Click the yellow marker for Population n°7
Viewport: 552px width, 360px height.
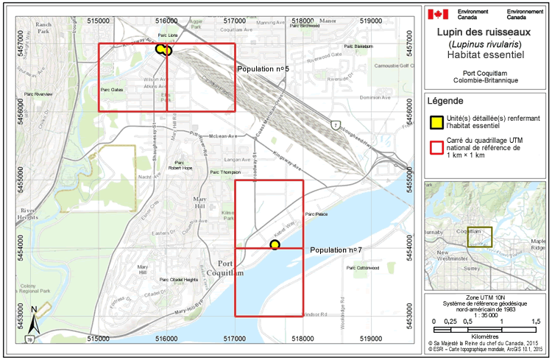(275, 244)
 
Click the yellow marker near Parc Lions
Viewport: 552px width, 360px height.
(163, 49)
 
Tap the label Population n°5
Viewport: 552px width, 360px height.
(263, 68)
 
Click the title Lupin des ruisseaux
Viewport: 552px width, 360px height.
(486, 33)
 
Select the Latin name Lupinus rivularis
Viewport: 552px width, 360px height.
(486, 44)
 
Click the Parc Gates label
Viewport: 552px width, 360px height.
(111, 89)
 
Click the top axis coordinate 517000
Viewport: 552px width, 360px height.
(234, 7)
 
